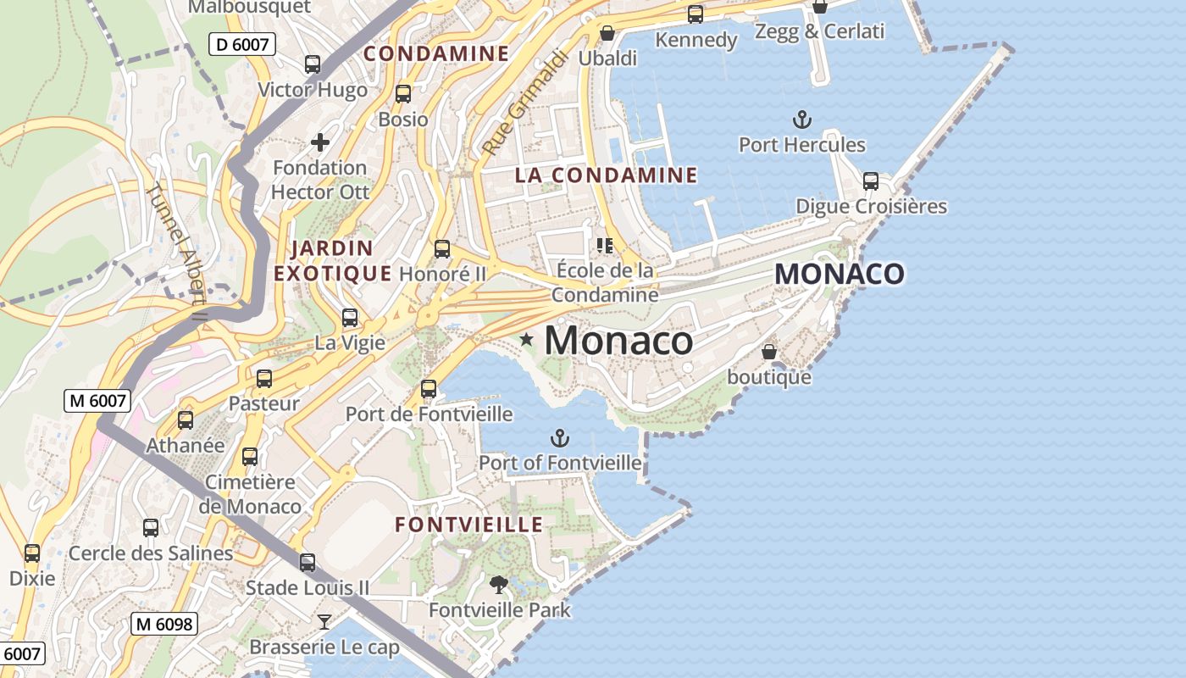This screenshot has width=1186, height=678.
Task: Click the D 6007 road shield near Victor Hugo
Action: pos(242,44)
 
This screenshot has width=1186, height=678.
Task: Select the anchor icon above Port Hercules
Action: pos(801,119)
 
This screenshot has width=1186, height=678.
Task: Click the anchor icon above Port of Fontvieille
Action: pos(559,438)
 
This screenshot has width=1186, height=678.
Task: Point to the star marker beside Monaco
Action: pos(527,340)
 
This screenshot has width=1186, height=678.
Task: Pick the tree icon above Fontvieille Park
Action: pos(498,584)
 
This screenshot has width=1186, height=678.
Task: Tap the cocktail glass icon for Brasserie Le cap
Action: pos(324,622)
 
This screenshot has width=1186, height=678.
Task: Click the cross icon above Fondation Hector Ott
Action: pos(319,142)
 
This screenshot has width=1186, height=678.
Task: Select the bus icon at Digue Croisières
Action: pos(870,181)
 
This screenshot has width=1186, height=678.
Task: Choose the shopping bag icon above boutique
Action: pos(769,351)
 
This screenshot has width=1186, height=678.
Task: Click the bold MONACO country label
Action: pos(839,274)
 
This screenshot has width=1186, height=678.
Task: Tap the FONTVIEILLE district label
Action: pos(469,525)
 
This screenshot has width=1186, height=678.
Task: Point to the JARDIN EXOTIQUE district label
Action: pos(332,261)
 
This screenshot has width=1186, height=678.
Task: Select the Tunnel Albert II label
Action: pos(176,253)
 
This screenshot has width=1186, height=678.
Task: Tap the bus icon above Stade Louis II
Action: pos(308,562)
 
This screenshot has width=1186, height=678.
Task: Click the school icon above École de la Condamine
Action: pos(605,246)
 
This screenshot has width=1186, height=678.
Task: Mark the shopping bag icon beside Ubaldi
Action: pos(607,34)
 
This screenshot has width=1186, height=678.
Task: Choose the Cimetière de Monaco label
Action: pos(250,494)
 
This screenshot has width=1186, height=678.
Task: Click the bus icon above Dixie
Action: pos(32,553)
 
